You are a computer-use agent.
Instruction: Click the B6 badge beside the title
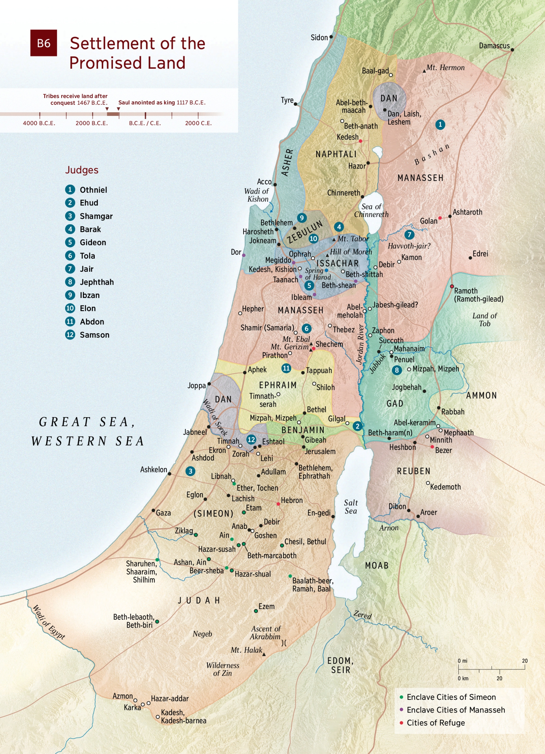pos(44,43)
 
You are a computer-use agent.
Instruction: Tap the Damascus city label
pos(494,46)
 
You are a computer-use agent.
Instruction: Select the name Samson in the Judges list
pos(94,335)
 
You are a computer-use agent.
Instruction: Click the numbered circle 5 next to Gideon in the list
pos(70,242)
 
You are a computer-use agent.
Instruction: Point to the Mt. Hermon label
pos(445,67)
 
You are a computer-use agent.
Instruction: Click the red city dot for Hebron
pos(278,504)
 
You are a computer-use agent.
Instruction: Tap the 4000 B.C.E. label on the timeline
pos(39,123)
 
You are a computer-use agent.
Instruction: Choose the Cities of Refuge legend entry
pos(435,723)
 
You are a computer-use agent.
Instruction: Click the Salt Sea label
pos(351,507)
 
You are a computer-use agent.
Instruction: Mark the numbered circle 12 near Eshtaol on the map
pos(251,440)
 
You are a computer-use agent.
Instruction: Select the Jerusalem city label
pos(320,451)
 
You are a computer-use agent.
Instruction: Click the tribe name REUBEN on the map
pos(414,471)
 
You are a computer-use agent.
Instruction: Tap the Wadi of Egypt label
pos(49,622)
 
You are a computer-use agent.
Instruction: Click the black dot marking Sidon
pos(331,37)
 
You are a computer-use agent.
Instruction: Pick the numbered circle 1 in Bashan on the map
pos(440,125)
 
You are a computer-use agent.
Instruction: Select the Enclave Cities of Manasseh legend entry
pos(455,710)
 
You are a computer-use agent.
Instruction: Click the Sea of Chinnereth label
pos(371,211)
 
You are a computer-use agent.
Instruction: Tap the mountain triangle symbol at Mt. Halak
pos(264,654)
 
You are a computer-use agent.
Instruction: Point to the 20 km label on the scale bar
pos(499,678)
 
